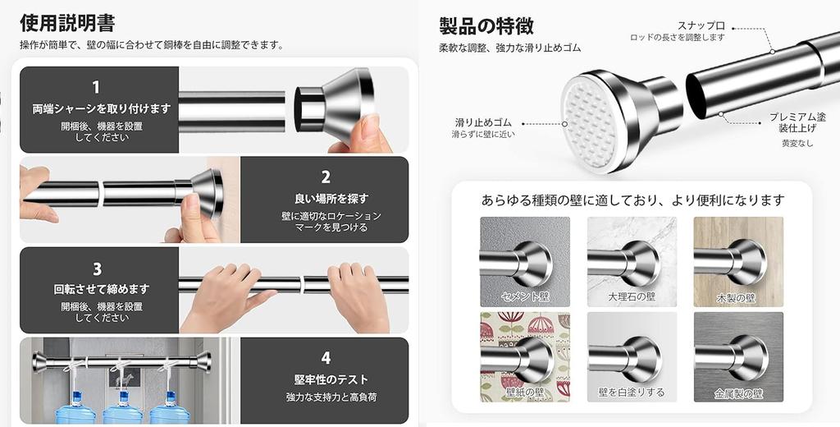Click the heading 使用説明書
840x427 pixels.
coord(67,22)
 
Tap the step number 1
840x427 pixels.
coord(96,88)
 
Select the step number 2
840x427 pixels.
coord(326,177)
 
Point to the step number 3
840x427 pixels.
coord(96,269)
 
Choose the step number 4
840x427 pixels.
coord(326,358)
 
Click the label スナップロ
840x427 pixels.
coord(701,25)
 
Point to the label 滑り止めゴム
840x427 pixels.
coord(483,122)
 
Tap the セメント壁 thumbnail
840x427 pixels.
coord(525,262)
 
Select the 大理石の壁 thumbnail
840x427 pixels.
coord(632,262)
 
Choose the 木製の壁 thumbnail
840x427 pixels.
coord(738,262)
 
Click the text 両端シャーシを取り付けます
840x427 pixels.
coord(102,108)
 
